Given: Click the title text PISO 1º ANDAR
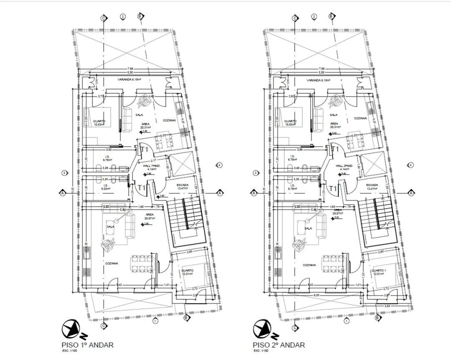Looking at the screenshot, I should (87, 344).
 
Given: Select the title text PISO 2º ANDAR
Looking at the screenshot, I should (277, 344).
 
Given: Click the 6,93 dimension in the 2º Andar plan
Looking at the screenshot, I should (303, 295).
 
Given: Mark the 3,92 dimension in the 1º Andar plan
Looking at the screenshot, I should (108, 149).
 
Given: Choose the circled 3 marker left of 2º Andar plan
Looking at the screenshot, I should (256, 172).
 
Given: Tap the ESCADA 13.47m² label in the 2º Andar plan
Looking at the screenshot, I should (374, 187).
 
